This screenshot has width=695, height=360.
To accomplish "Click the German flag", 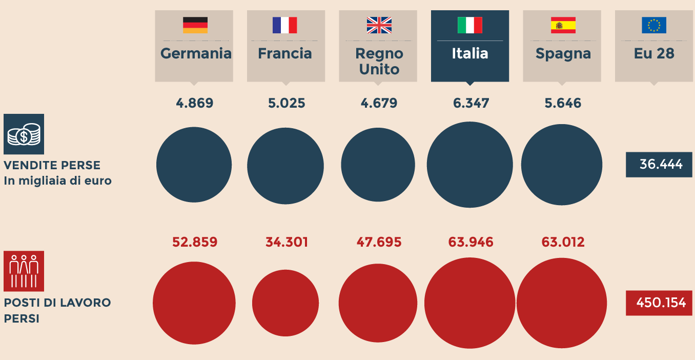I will point(195,25).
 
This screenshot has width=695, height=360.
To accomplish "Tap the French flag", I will point(284,25).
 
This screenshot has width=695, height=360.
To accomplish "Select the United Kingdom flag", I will point(379,25).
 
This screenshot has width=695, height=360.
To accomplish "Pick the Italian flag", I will point(469,25).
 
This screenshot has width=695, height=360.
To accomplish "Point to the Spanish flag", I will point(563,25).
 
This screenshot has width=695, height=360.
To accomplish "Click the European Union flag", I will point(654,25).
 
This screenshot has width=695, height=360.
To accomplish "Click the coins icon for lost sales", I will point(24,134).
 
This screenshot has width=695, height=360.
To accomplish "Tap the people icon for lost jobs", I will point(24,271).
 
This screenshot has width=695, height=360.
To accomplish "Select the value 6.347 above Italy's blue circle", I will point(471,103).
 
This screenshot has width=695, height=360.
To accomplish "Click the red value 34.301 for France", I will point(287,242).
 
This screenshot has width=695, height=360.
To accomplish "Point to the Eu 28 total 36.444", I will point(659,165).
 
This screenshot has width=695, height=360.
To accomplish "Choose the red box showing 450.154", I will point(659,303).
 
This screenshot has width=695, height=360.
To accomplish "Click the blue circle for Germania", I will point(194,165).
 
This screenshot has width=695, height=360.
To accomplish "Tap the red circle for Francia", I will point(285,303).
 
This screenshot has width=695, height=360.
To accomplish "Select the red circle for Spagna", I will point(562,303).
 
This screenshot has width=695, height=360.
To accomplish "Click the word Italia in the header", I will point(469,53).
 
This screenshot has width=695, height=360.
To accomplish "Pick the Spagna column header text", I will point(563,53).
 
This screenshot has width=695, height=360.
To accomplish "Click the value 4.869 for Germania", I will point(194,103).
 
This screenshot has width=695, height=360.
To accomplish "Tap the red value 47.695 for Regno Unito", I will point(379,242).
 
